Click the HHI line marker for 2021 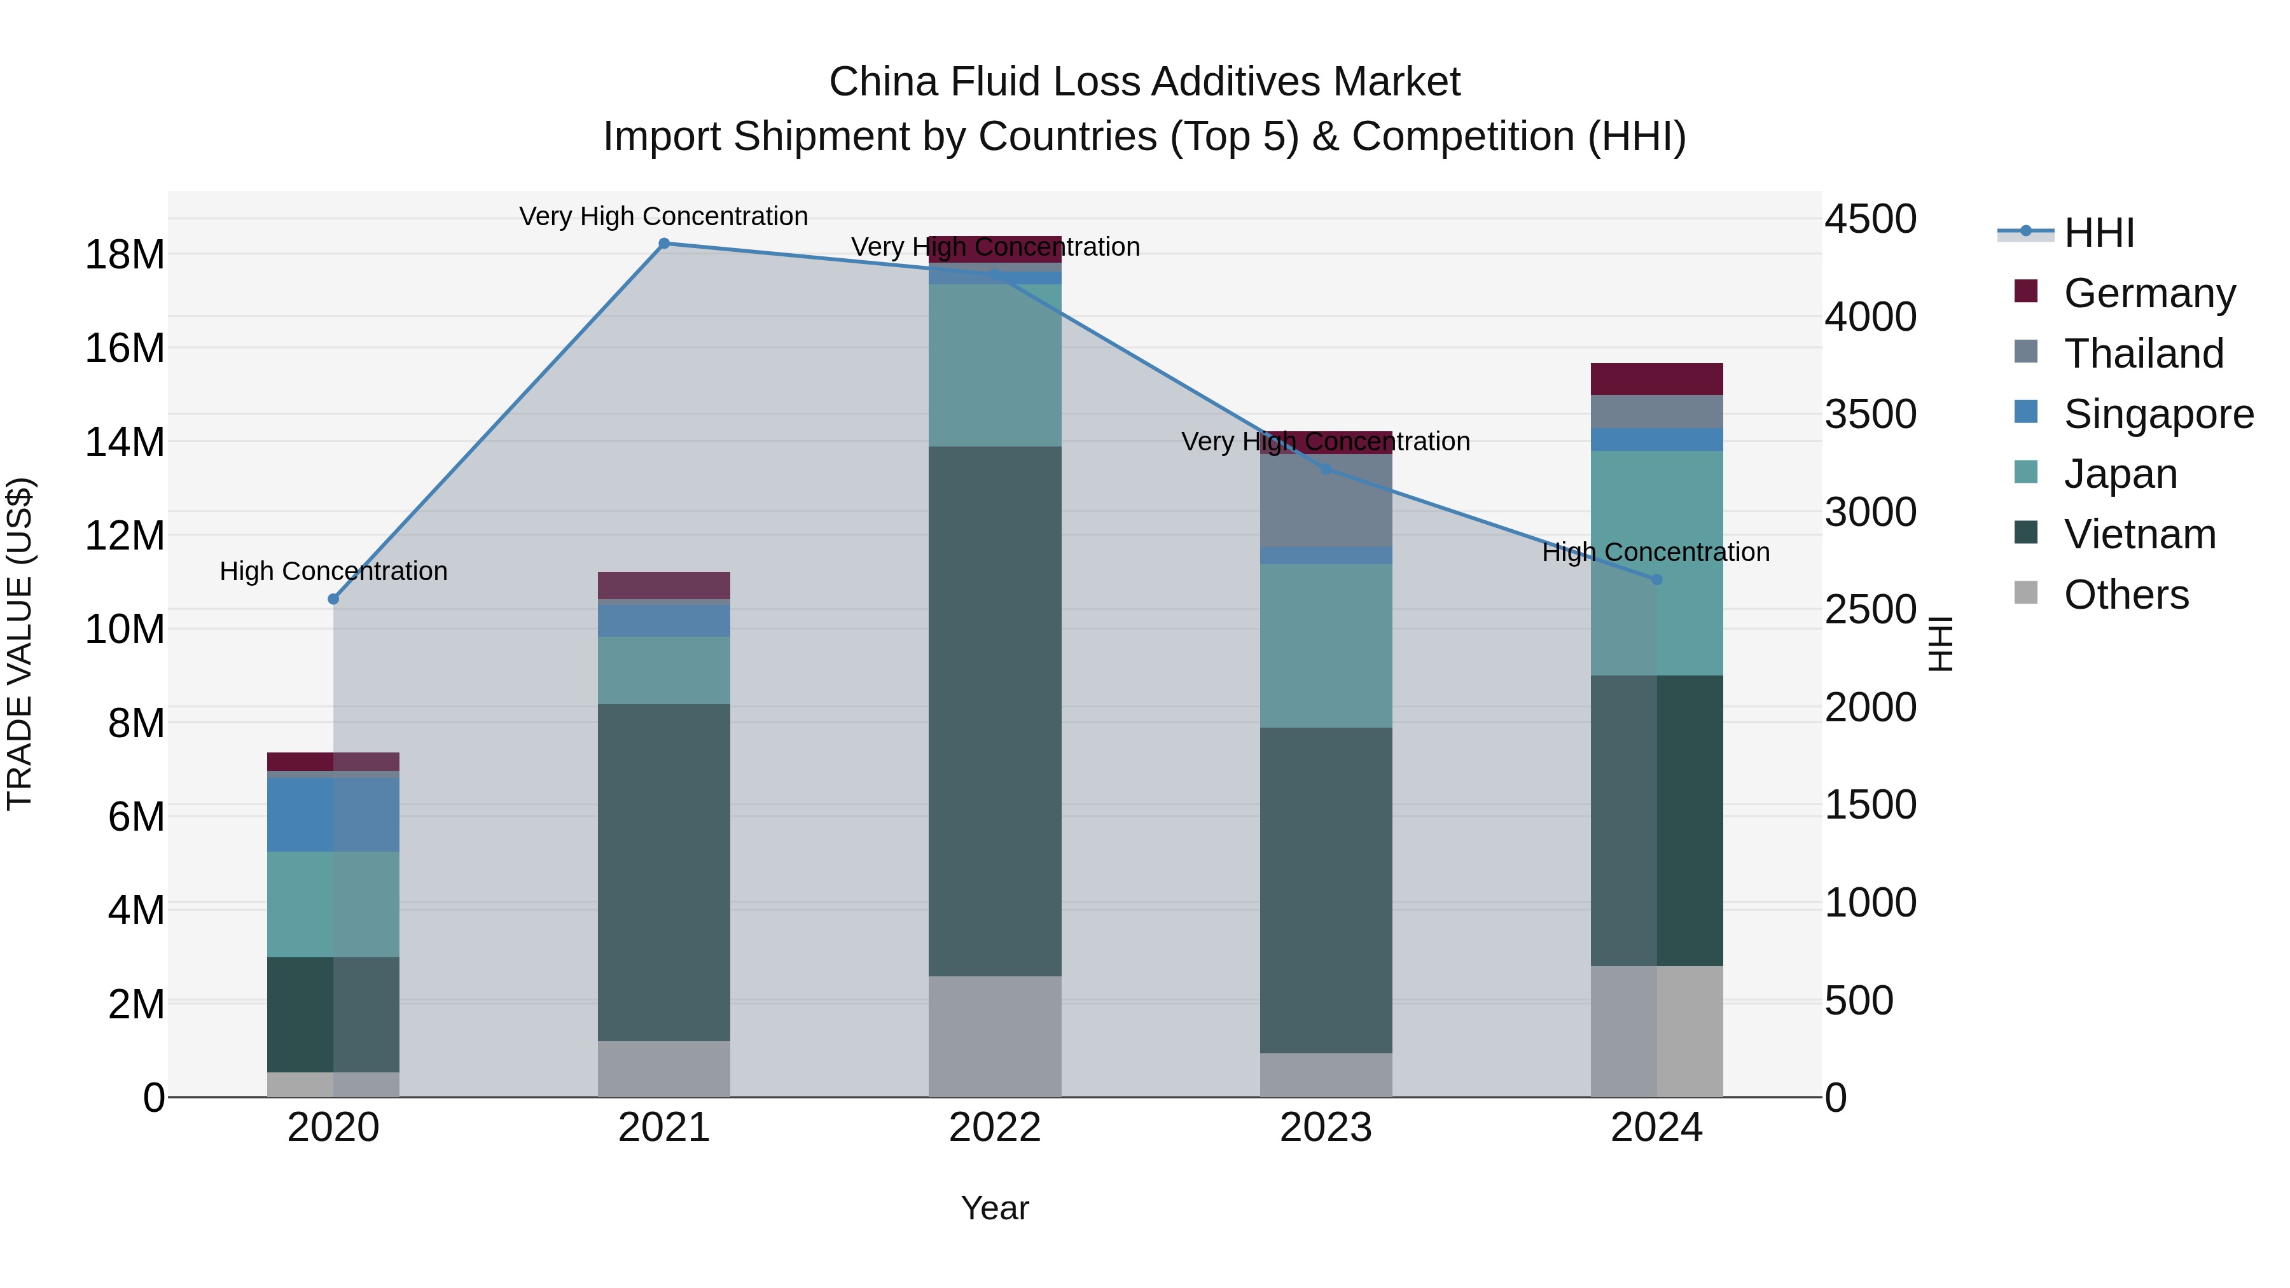pyautogui.click(x=664, y=244)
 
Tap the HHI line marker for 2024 pyautogui.click(x=1656, y=579)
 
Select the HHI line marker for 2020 pyautogui.click(x=333, y=599)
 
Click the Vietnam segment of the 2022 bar pyautogui.click(x=995, y=711)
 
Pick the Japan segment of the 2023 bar pyautogui.click(x=1326, y=646)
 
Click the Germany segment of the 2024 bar pyautogui.click(x=1656, y=378)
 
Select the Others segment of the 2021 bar pyautogui.click(x=664, y=1069)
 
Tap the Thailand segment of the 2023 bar pyautogui.click(x=1326, y=501)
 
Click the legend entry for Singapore pyautogui.click(x=2158, y=414)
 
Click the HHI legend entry pyautogui.click(x=2098, y=233)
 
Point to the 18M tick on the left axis pyautogui.click(x=125, y=255)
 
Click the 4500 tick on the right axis pyautogui.click(x=1870, y=219)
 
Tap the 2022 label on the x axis pyautogui.click(x=995, y=1128)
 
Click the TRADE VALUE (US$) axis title pyautogui.click(x=20, y=644)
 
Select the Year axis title pyautogui.click(x=995, y=1208)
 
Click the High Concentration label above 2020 pyautogui.click(x=333, y=572)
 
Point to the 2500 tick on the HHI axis pyautogui.click(x=1870, y=611)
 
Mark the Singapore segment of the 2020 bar pyautogui.click(x=333, y=814)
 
